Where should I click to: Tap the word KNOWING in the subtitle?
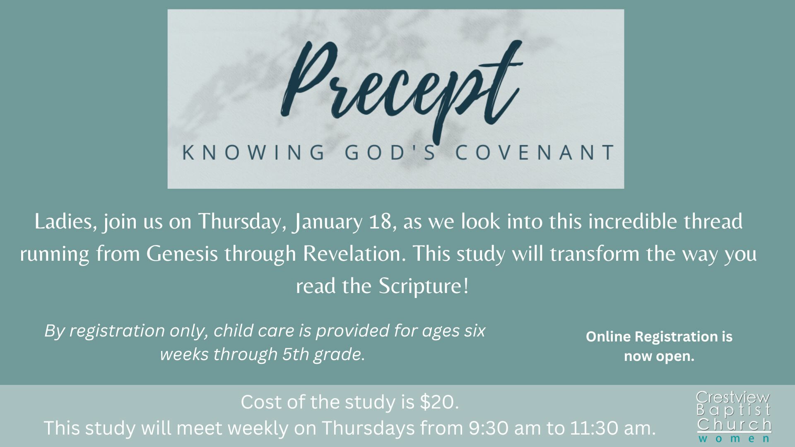point(253,152)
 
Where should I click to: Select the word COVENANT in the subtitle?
point(534,152)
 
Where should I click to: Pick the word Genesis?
point(182,254)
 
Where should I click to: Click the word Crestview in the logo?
point(733,398)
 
